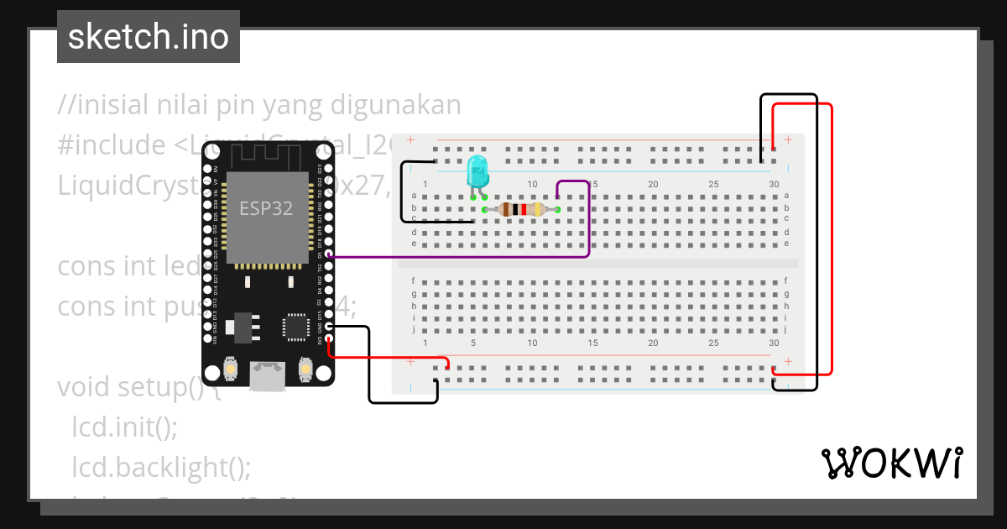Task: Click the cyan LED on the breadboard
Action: point(477,170)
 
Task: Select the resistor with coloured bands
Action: point(521,209)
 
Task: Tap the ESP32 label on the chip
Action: point(266,208)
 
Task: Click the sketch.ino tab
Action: point(149,37)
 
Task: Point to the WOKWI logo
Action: point(891,463)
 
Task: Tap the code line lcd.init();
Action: point(124,427)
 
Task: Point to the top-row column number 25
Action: point(713,184)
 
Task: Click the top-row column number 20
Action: point(653,184)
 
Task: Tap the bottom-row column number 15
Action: point(592,343)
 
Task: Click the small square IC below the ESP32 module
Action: point(295,327)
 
